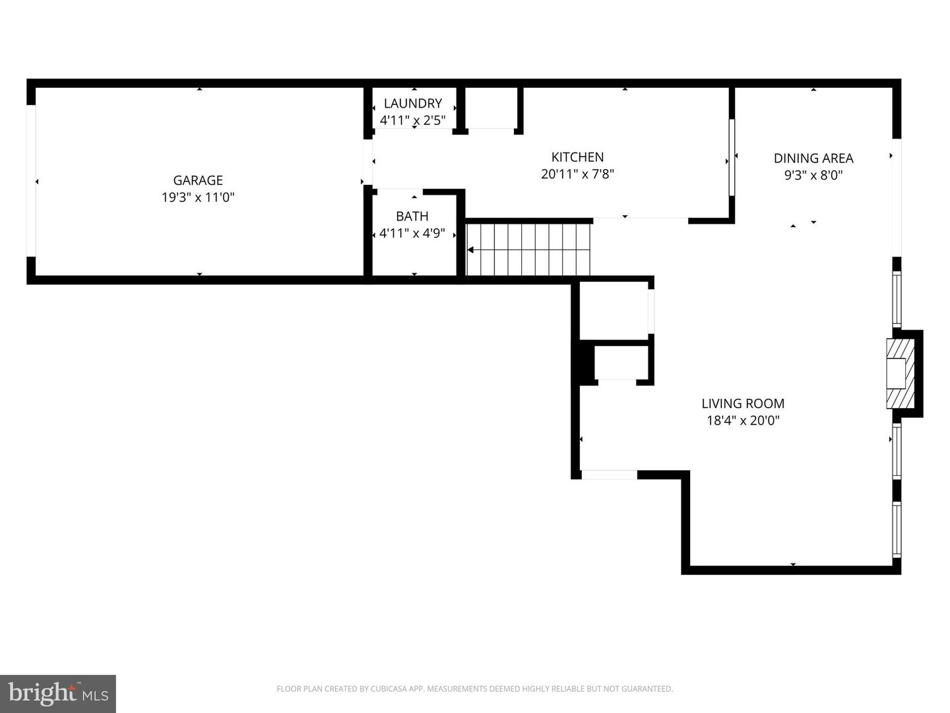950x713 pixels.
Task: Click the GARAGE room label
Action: pyautogui.click(x=198, y=180)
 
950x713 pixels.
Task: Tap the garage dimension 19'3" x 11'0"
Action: pyautogui.click(x=198, y=197)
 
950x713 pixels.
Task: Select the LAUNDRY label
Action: pyautogui.click(x=413, y=104)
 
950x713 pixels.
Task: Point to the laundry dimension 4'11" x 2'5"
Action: pyautogui.click(x=413, y=120)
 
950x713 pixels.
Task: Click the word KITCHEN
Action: pyautogui.click(x=577, y=156)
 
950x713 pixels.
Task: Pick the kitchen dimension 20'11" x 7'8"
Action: pyautogui.click(x=577, y=174)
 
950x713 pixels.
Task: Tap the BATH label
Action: pyautogui.click(x=412, y=216)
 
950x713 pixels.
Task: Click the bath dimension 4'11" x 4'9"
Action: pyautogui.click(x=412, y=233)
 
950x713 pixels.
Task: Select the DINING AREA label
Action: pyautogui.click(x=813, y=158)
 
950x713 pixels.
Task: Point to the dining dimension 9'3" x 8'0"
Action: pyautogui.click(x=813, y=176)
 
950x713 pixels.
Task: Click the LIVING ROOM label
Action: pyautogui.click(x=743, y=403)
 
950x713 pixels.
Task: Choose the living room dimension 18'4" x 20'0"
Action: pyautogui.click(x=743, y=421)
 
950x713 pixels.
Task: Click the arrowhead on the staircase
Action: pyautogui.click(x=470, y=250)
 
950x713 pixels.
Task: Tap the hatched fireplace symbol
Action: pyautogui.click(x=901, y=374)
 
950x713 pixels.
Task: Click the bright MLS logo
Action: pyautogui.click(x=58, y=693)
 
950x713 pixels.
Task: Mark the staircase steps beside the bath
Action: pyautogui.click(x=528, y=250)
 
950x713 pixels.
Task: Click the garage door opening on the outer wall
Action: pyautogui.click(x=31, y=181)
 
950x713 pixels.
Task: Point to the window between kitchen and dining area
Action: pyautogui.click(x=732, y=158)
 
